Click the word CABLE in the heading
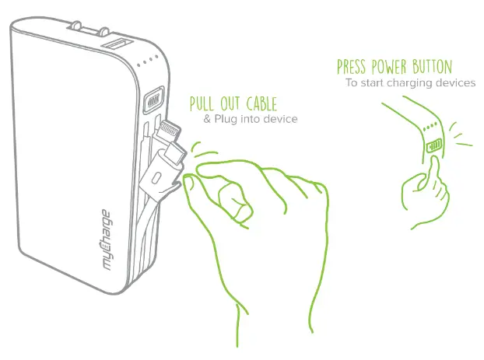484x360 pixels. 259,104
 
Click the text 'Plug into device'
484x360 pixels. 256,120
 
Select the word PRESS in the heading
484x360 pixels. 354,67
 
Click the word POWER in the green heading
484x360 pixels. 393,67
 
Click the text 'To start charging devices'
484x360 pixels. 410,82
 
